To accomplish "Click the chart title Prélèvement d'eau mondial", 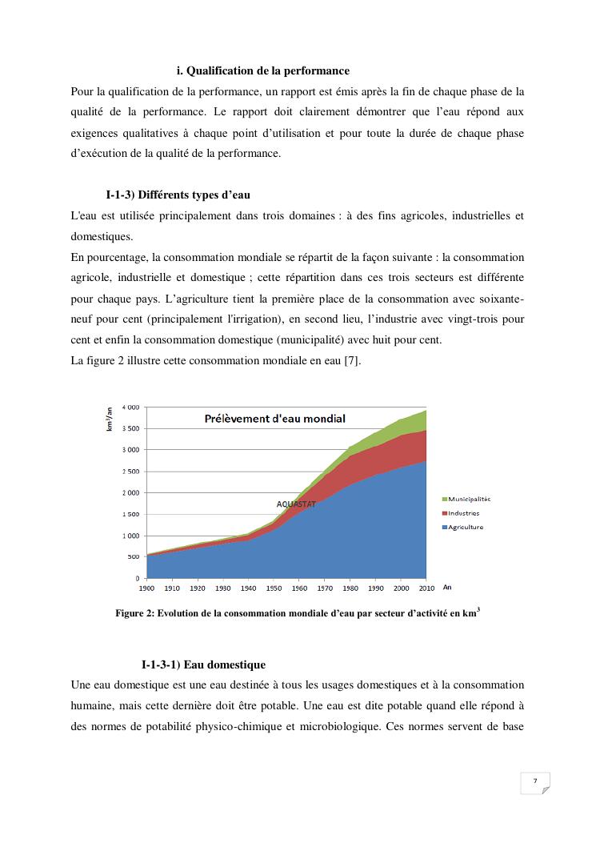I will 274,419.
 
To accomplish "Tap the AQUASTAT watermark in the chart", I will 296,504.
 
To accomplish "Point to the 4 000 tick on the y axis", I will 130,407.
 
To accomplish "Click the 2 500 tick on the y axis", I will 130,472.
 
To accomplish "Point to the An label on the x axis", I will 447,587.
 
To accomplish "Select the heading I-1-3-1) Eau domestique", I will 203,664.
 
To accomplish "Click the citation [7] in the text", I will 351,362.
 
